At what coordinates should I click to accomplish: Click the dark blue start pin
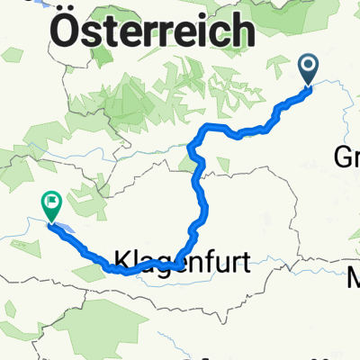click(309, 67)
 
